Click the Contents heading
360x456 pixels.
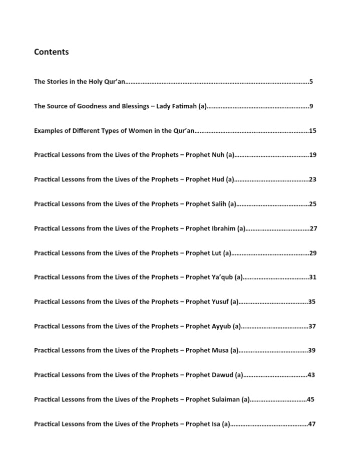click(51, 52)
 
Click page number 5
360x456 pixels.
click(311, 82)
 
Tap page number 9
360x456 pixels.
click(311, 106)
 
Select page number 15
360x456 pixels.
click(312, 131)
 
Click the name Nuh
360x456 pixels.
click(218, 155)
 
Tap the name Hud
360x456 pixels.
click(218, 179)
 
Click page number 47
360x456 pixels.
click(312, 424)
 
